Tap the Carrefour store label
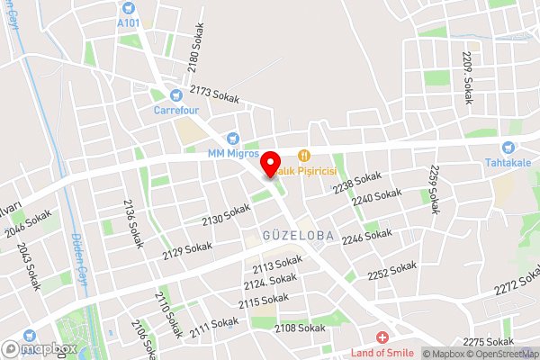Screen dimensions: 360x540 click(175, 111)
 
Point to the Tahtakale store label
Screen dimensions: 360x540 click(510, 163)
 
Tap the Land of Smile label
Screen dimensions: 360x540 click(382, 353)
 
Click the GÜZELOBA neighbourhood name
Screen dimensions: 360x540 click(297, 235)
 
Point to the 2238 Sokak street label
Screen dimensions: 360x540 click(356, 182)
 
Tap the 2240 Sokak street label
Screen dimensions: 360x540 click(376, 198)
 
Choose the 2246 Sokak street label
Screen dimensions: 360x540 click(366, 238)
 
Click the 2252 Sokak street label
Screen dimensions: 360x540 click(392, 270)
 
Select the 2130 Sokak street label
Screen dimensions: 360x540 click(225, 214)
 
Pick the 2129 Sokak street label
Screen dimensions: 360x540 click(187, 250)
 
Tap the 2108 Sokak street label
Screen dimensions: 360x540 click(300, 328)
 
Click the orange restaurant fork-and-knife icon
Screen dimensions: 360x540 click(304, 154)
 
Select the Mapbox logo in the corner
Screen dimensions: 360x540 click(40, 348)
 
